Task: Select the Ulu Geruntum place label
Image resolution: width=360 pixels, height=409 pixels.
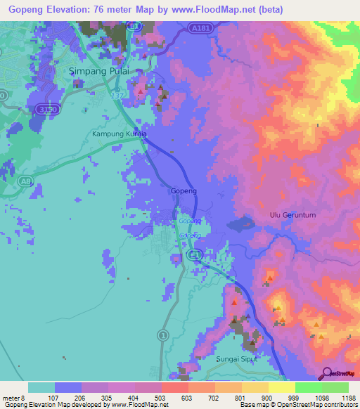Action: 291,215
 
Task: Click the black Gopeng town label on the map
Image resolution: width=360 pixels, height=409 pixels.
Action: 184,190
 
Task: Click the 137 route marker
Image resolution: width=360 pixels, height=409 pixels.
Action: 117,91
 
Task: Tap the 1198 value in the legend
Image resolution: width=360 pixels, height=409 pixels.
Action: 345,398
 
